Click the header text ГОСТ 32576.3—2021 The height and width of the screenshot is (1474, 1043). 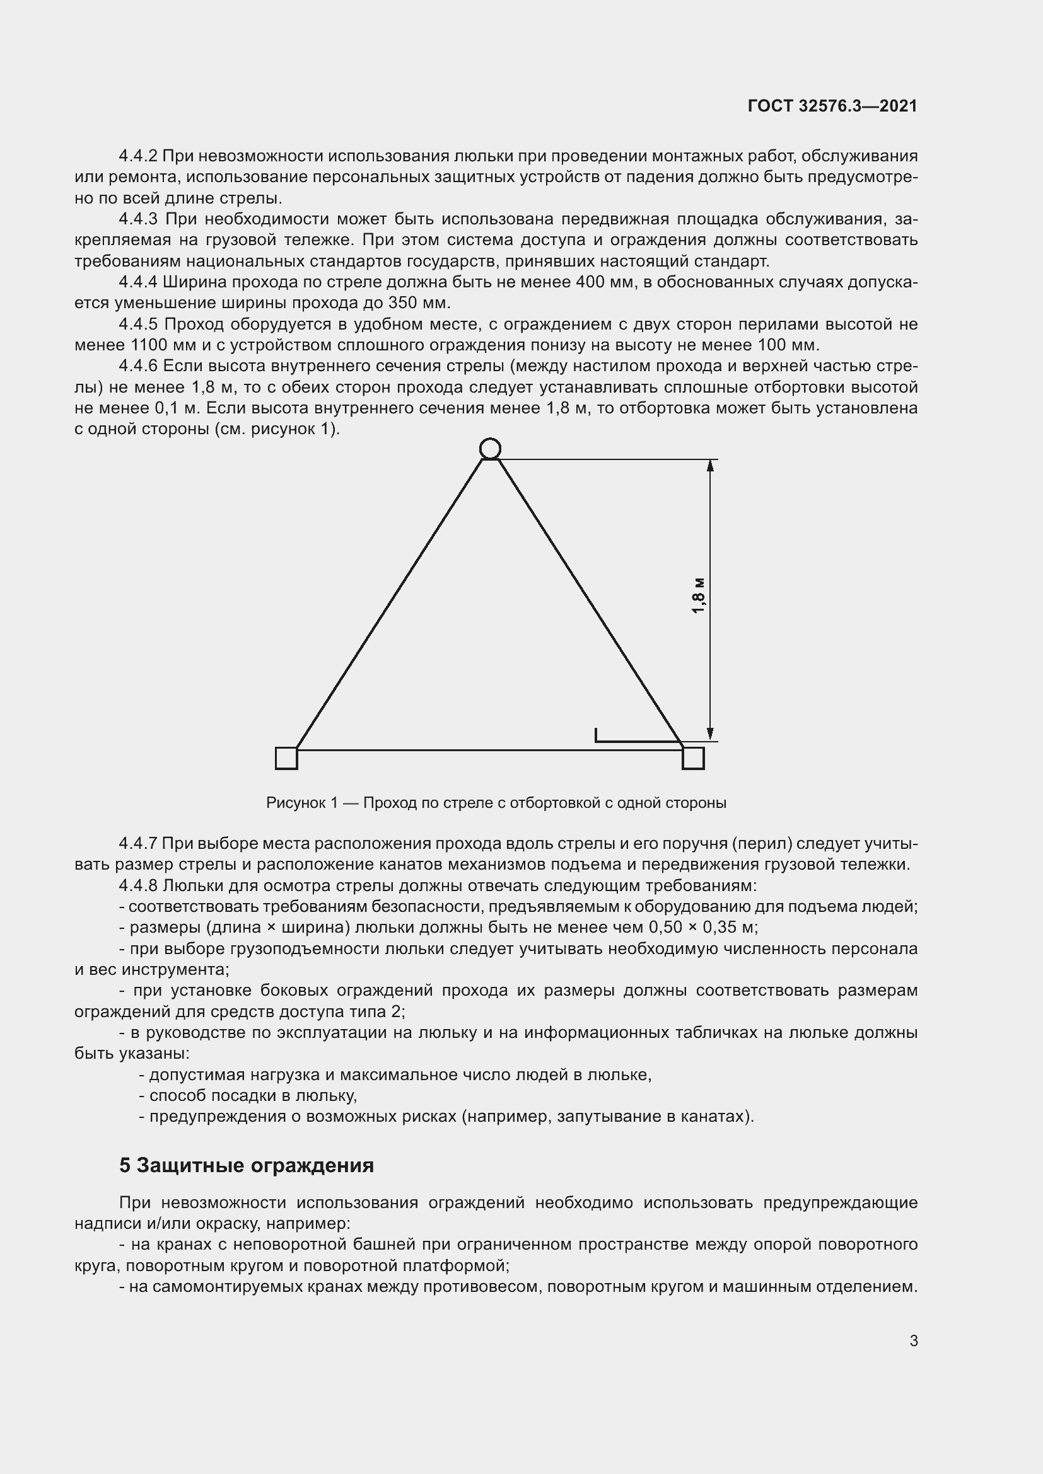[832, 106]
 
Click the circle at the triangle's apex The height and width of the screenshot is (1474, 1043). [490, 449]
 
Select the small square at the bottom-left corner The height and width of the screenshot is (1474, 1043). [286, 758]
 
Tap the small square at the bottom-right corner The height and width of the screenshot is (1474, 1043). [693, 758]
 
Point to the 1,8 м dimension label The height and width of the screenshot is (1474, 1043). [699, 596]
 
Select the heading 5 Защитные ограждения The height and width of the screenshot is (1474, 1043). [247, 1165]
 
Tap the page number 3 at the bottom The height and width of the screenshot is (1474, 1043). [913, 1340]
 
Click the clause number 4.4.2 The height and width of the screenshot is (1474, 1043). [138, 156]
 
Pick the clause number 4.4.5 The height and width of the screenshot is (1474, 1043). [138, 324]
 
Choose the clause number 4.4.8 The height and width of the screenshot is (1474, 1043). [138, 886]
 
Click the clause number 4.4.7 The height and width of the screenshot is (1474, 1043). [138, 844]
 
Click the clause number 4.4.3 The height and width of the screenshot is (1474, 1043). [138, 219]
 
